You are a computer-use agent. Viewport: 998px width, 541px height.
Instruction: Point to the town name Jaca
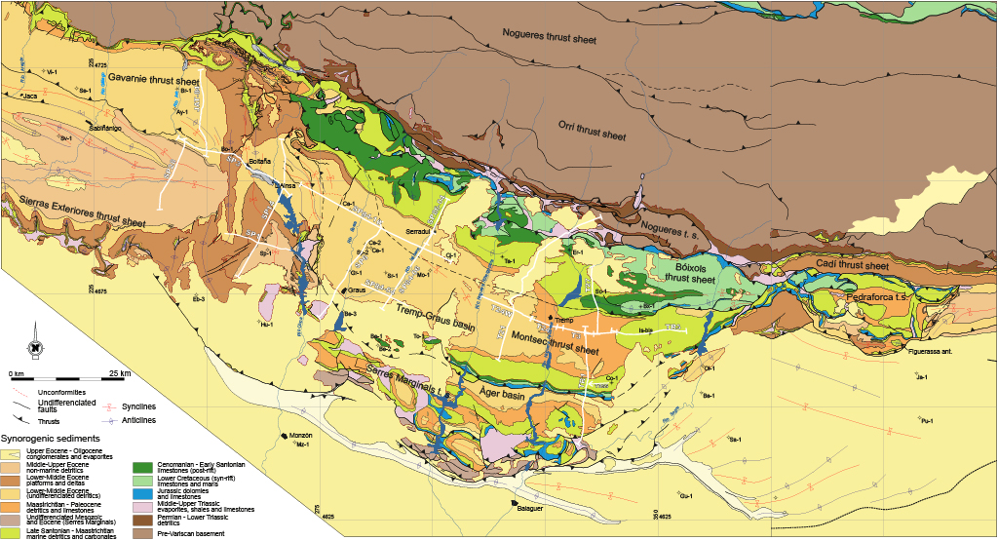[x=29, y=96]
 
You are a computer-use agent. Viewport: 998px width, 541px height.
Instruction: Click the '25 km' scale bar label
[x=120, y=373]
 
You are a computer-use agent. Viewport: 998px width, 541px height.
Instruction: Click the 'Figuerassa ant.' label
[x=930, y=351]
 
